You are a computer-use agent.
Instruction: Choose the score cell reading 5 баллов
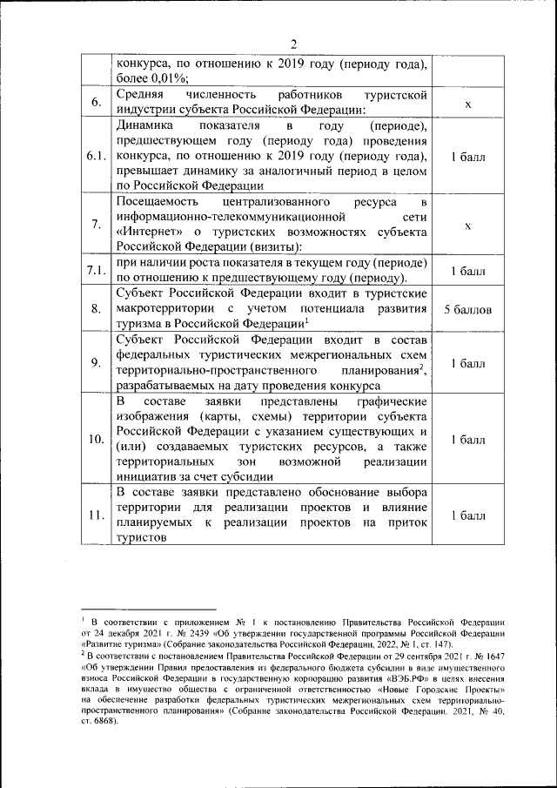467,309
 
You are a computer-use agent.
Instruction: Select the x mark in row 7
467,225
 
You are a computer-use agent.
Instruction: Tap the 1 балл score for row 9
467,362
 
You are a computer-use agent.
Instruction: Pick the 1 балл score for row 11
467,514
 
